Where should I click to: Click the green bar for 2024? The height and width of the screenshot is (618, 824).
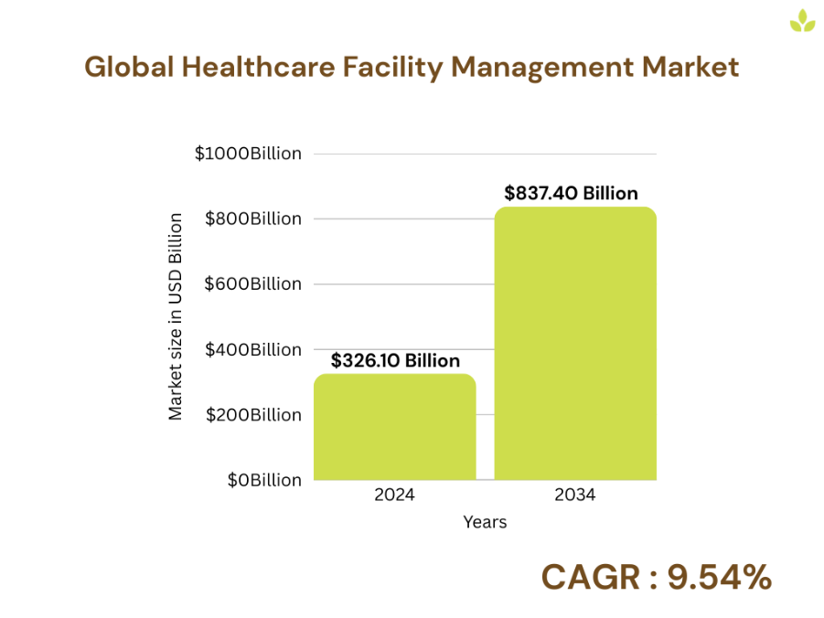[394, 427]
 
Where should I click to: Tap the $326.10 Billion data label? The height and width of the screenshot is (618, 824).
[395, 360]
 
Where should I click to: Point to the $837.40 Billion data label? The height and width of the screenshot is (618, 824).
[571, 193]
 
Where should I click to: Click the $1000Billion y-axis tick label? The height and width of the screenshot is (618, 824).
[248, 154]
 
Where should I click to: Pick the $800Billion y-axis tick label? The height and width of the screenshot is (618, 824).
[252, 218]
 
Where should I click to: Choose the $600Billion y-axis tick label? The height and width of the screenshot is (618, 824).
[252, 284]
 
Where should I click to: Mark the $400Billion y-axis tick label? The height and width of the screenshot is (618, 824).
[252, 349]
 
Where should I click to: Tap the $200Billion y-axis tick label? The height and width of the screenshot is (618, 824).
[252, 415]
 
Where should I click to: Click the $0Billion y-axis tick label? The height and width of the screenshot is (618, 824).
[264, 480]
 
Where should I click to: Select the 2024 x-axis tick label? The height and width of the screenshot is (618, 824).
[394, 495]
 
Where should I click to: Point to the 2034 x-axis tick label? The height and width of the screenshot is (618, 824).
[575, 495]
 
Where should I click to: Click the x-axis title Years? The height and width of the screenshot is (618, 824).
[485, 523]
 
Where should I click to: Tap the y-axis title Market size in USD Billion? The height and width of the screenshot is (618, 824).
[176, 316]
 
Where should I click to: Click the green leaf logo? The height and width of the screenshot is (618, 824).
[802, 21]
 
